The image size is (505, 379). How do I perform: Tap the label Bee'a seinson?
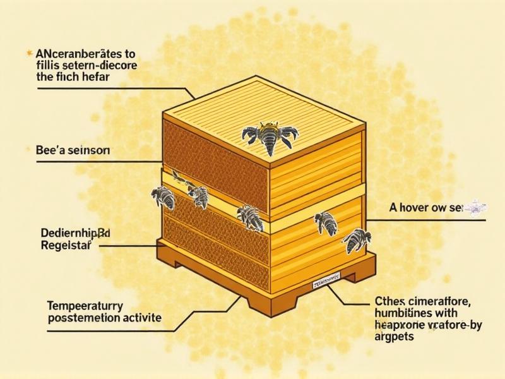(70, 151)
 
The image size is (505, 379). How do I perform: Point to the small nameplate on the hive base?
(325, 281)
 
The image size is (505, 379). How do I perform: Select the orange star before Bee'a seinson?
(30, 150)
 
